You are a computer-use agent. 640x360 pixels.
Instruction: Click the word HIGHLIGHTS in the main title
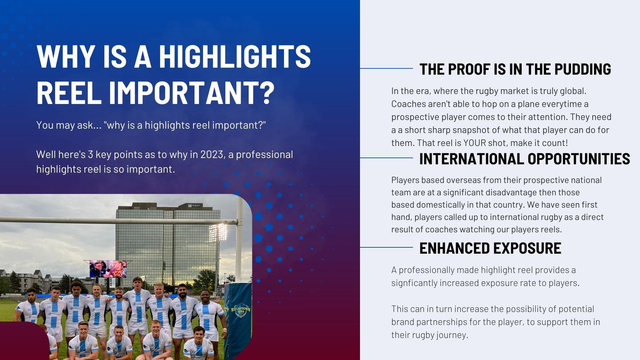[235, 56]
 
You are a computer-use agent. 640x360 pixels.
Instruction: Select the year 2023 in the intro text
[212, 155]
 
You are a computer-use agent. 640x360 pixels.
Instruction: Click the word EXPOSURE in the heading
[527, 248]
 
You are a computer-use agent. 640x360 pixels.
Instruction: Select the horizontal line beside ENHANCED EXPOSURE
[386, 247]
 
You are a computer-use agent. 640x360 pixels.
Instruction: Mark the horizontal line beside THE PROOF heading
[386, 69]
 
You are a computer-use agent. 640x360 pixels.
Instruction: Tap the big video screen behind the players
[108, 269]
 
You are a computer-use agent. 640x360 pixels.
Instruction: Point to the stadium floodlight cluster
[218, 232]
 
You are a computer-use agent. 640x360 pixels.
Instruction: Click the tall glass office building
[168, 243]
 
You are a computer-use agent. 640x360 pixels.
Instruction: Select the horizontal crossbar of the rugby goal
[119, 220]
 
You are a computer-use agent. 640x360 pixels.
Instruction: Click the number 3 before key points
[90, 155]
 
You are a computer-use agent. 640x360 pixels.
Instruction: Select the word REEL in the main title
[69, 93]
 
